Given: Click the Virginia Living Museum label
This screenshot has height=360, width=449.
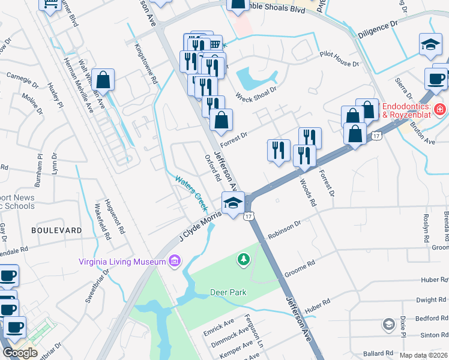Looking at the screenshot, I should [122, 261].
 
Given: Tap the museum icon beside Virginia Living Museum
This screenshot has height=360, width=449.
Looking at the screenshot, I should [175, 261].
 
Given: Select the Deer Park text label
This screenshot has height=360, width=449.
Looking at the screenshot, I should [228, 292].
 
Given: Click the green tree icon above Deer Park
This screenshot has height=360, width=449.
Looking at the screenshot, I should [244, 259].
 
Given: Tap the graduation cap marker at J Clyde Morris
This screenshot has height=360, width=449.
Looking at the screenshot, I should [233, 203].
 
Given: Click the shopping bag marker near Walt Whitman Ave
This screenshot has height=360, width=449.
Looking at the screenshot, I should [104, 81].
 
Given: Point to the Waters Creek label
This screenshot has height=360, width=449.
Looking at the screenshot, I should [191, 192].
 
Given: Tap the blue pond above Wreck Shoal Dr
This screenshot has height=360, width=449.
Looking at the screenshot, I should [256, 77].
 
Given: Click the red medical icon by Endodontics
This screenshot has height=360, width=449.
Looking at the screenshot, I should [440, 109].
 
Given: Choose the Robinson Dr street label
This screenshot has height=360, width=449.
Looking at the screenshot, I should [285, 230].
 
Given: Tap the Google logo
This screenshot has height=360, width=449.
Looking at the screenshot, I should [20, 353].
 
